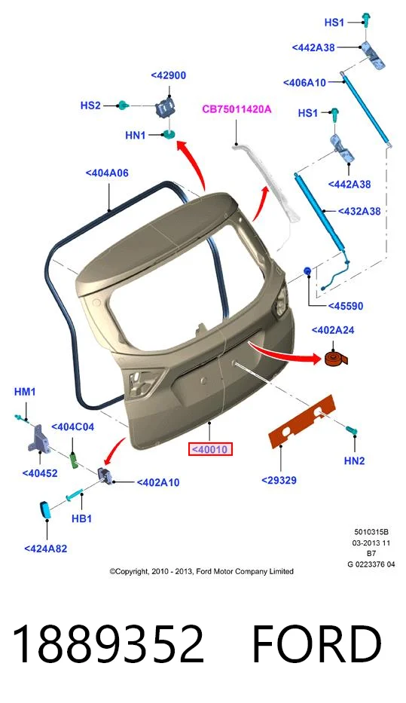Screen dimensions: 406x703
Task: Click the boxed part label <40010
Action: point(209,449)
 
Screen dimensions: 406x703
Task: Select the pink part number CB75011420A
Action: point(237,109)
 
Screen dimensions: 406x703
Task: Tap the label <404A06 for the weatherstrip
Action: point(107,173)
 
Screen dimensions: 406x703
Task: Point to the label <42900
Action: point(169,75)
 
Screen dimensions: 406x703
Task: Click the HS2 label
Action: point(90,105)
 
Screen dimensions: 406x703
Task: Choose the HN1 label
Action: point(136,135)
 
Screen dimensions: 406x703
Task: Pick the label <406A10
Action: point(305,82)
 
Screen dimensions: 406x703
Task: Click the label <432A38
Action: point(359,211)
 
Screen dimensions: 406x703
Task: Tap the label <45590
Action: point(346,306)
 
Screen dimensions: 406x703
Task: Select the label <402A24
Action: point(333,330)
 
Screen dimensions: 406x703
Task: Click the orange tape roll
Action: point(335,359)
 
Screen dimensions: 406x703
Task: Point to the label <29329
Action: point(279,480)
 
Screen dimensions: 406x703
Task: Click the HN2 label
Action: point(355,460)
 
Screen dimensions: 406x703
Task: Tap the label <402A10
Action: point(158,482)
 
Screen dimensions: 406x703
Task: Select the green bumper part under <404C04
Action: point(75,460)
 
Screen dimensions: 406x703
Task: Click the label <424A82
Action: point(46,549)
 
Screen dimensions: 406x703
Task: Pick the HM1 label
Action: point(25,391)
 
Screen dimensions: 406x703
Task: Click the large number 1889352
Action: point(108,643)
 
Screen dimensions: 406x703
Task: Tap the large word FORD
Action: point(317,643)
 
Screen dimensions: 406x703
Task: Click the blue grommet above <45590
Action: point(308,271)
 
